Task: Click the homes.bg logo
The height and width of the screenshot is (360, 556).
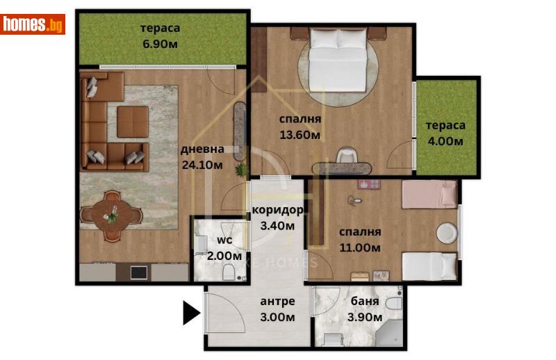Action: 33,24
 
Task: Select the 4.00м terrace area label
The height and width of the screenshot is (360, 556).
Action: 446,142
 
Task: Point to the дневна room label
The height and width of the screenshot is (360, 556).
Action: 202,149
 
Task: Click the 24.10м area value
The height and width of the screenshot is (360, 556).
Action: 202,165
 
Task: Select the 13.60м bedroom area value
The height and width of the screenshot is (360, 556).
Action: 300,136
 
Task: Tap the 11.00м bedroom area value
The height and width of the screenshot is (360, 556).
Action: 359,247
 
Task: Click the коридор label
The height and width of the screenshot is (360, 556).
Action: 278,211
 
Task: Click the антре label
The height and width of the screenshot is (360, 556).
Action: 277,302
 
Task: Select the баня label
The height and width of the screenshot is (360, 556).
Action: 365,302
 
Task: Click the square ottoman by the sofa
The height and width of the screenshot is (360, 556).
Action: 132,122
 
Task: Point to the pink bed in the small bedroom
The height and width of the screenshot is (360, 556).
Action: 429,194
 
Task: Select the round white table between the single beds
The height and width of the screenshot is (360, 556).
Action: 447,234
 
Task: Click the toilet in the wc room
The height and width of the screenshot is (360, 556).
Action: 227,275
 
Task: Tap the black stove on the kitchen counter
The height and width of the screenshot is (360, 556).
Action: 139,273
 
